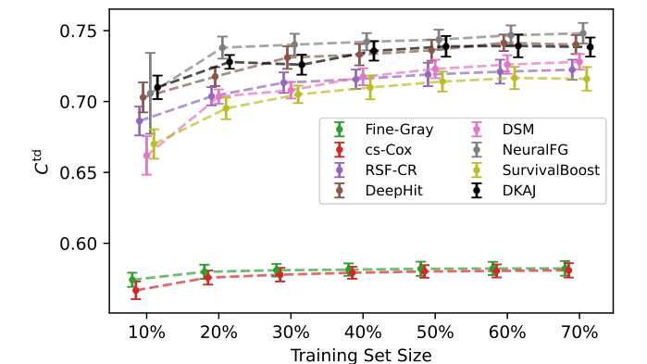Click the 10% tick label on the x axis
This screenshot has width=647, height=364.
click(146, 333)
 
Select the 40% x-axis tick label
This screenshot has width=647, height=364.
click(363, 333)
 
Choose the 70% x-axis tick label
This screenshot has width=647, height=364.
click(579, 333)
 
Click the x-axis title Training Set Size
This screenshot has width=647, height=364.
click(361, 353)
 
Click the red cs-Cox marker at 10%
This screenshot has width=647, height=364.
click(136, 291)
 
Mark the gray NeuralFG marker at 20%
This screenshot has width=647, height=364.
click(222, 47)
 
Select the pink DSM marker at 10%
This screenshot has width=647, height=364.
click(146, 155)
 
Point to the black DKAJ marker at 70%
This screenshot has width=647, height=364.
click(591, 46)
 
